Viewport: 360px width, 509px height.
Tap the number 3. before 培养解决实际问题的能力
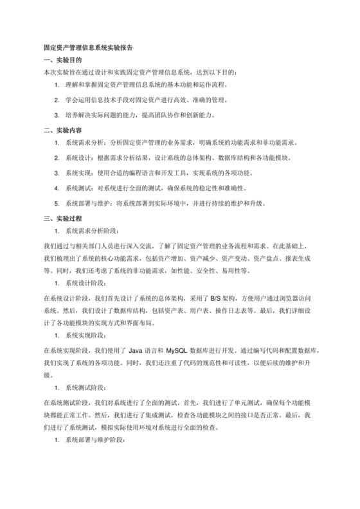pyautogui.click(x=57, y=115)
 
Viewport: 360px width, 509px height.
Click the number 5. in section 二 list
pyautogui.click(x=57, y=204)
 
